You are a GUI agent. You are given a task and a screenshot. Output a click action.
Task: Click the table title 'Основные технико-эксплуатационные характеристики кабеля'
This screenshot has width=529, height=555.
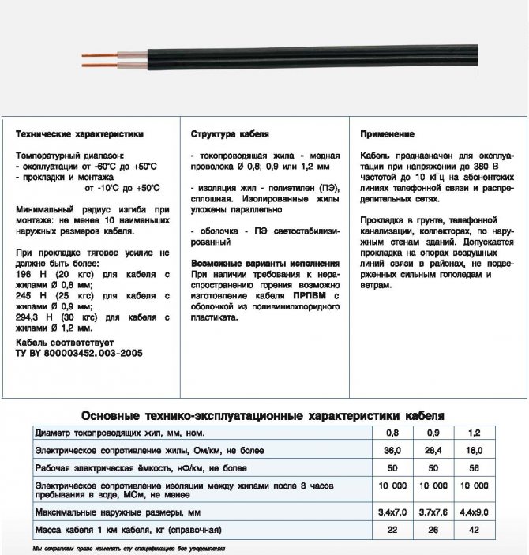(264, 415)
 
